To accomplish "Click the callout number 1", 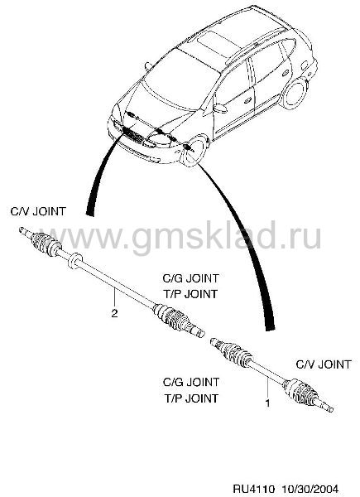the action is [267, 403].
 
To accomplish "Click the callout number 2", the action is [114, 313].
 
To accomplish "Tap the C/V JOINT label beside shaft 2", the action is [38, 211].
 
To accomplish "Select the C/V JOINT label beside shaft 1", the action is [324, 364].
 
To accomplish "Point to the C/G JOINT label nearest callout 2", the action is [190, 278].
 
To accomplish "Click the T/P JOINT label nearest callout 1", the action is [191, 398].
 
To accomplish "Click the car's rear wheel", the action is [295, 93].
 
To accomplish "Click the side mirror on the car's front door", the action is [219, 108].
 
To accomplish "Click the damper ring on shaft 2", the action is [74, 260].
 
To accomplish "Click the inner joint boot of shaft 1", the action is [234, 353].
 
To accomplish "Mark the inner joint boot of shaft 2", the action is [170, 317].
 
